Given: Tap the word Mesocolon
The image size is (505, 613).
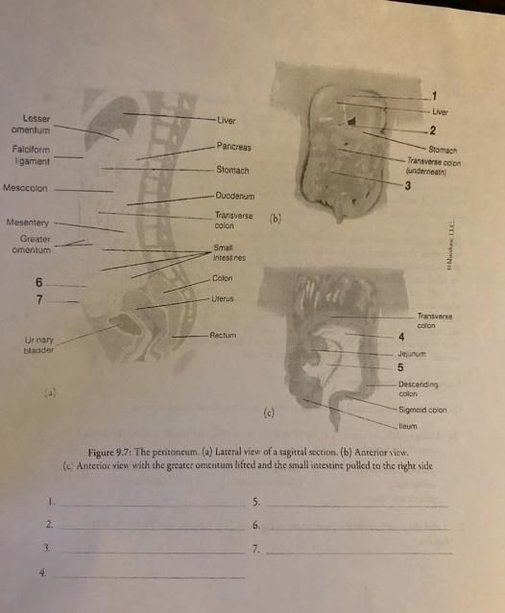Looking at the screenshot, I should pos(25,188).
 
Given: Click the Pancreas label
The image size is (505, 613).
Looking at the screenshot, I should pos(233,147).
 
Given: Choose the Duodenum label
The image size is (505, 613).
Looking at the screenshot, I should pos(234,194).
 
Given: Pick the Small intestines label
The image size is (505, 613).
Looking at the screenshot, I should pos(230,252).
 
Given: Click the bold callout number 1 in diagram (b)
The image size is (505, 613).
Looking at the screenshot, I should pos(433,94).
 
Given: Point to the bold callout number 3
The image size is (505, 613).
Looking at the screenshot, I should pos(407,185).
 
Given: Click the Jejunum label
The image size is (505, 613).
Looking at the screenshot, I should pos(410,352).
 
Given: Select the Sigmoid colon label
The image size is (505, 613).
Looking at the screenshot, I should pos(423,409).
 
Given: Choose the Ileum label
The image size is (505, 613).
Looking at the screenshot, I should pos(408,425).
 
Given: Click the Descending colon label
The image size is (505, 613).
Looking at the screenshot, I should pos(421,387).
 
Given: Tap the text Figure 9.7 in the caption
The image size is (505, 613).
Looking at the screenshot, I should pos(112,451).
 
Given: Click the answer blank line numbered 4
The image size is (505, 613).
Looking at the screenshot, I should pos(153,577).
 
